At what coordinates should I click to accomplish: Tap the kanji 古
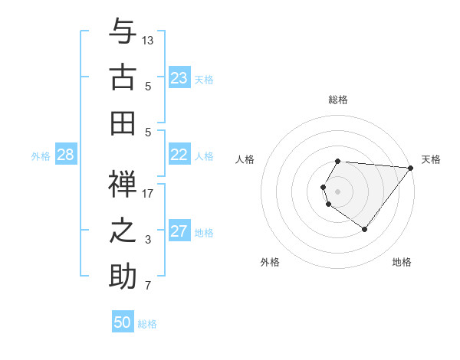123,77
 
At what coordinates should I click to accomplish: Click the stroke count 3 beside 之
148,240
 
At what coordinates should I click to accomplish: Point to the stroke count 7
148,286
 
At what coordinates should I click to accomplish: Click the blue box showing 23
179,78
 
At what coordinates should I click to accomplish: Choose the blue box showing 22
179,155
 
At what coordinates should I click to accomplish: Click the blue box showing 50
123,322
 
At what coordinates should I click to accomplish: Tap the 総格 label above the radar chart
338,100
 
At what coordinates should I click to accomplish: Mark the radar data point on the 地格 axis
365,229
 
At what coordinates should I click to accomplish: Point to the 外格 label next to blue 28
41,156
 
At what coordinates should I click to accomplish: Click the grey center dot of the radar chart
338,191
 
